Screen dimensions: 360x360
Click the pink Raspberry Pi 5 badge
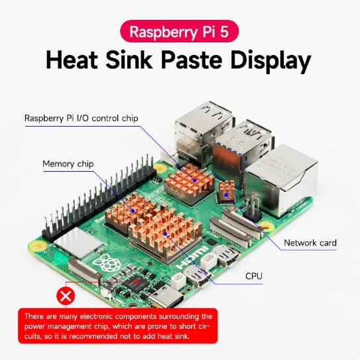tap(179, 31)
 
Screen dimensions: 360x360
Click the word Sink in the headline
tap(129, 60)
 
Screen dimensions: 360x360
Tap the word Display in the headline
tap(271, 61)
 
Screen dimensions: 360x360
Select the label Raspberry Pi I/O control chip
tap(82, 119)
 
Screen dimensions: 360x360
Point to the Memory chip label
tap(68, 164)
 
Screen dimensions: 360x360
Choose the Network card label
tap(310, 243)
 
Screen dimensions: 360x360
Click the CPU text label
tap(254, 276)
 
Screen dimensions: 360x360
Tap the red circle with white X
tap(66, 296)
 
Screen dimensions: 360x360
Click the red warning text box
tap(118, 326)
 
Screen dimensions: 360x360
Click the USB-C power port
tap(166, 297)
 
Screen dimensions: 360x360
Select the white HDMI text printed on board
tap(194, 258)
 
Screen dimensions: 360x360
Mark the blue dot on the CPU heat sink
tap(165, 234)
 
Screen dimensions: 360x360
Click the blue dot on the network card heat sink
tap(226, 195)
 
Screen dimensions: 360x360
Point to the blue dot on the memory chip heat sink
tap(133, 211)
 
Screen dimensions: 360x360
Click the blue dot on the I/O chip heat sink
tap(195, 181)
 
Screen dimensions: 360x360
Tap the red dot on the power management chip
tap(137, 282)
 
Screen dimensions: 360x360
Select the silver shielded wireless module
tap(78, 243)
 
